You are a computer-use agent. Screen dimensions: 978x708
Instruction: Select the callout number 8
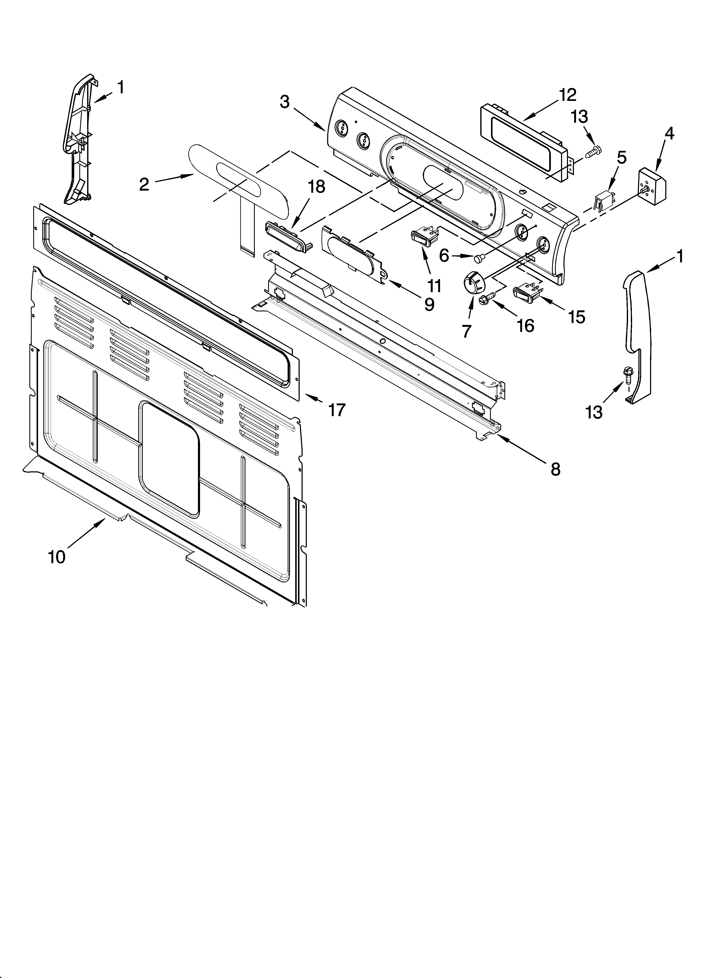555,469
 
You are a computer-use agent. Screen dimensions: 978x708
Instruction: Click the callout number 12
567,95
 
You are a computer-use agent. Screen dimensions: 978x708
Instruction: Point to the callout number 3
285,102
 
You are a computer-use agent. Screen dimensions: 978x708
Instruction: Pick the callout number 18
317,187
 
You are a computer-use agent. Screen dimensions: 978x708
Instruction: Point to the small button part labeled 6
477,259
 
